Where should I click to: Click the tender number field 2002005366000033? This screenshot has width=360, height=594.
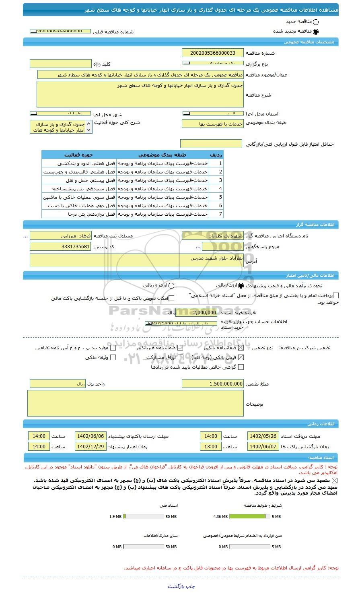point(212,53)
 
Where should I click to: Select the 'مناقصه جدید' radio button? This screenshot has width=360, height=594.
point(315,22)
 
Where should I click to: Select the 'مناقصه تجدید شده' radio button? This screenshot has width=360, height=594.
point(315,31)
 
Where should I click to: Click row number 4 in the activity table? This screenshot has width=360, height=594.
point(220,189)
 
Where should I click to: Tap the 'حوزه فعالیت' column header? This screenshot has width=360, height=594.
point(79,155)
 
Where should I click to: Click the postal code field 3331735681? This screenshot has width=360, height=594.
point(61,247)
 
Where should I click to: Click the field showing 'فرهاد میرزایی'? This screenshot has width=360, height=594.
point(61,236)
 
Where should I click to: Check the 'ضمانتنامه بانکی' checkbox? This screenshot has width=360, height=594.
point(241,348)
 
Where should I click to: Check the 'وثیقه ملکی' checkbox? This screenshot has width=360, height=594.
point(113,357)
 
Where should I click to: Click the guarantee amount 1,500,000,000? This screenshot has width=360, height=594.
point(212,384)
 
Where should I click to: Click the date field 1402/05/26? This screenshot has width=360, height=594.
point(263,436)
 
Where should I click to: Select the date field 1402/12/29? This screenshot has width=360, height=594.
point(90,447)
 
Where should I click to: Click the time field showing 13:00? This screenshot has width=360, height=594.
point(211,447)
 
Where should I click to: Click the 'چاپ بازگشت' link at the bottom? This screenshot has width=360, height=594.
point(181,586)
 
